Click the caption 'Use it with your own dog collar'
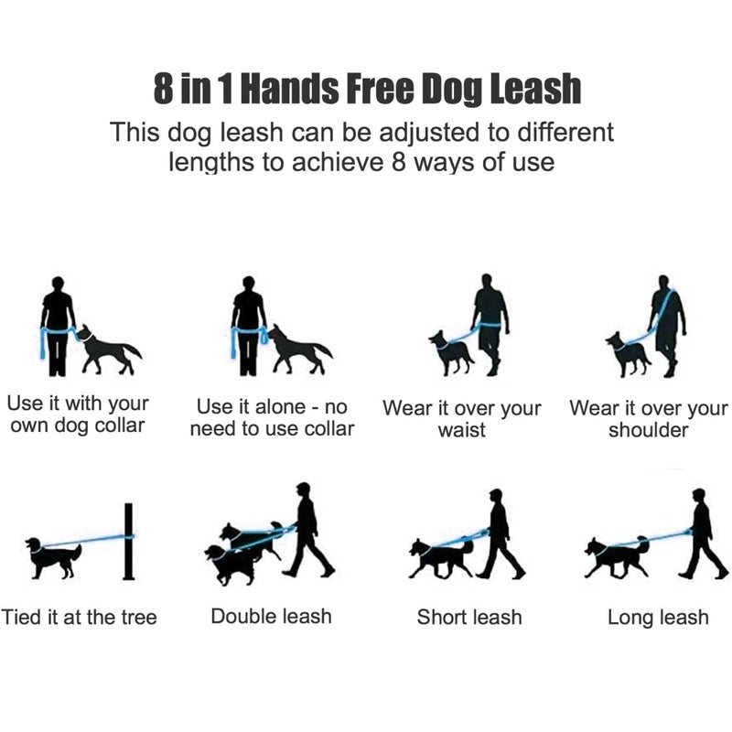point(77,414)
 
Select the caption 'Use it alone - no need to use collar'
point(272,417)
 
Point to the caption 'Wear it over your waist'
point(461,418)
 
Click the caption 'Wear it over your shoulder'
point(648,418)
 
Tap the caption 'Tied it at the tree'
point(80,617)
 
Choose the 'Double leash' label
point(270,616)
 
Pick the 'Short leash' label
point(469,617)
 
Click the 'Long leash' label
point(658,618)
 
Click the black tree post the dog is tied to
point(128,542)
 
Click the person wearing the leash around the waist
point(490,320)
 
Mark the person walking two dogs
point(306,531)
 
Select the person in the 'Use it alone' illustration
point(248,325)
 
